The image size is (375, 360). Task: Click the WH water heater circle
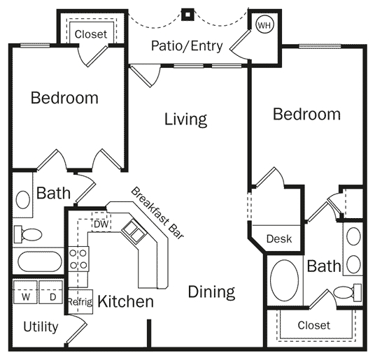coord(264,25)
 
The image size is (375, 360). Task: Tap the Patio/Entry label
coord(187,47)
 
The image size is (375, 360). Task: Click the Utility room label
coord(41,326)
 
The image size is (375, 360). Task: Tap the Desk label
coord(279,239)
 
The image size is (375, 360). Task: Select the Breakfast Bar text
coord(157,214)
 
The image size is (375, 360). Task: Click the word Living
coord(185,119)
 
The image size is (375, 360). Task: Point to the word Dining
coord(211,291)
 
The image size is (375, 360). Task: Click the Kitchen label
coord(125,302)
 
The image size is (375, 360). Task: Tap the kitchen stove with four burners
coord(78,258)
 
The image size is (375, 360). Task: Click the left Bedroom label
coord(64,98)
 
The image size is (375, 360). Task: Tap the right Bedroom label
coord(306,114)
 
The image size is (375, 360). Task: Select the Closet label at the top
coord(90,34)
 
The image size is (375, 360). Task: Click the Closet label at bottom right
coord(313,325)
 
